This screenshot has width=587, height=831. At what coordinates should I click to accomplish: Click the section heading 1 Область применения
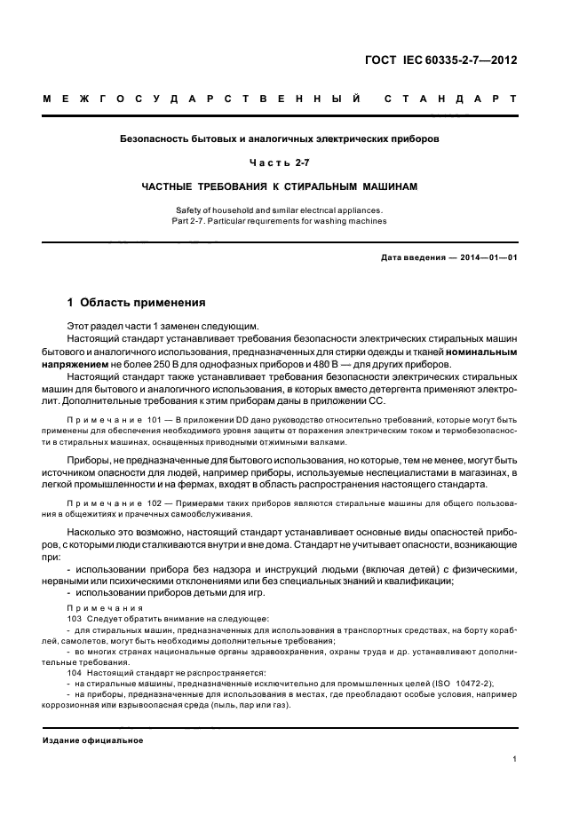point(137,302)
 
